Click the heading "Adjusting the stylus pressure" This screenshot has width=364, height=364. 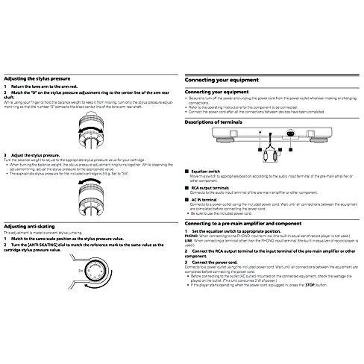click(37, 78)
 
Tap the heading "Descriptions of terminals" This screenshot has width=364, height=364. click(218, 121)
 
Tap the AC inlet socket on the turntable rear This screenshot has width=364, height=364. click(289, 136)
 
